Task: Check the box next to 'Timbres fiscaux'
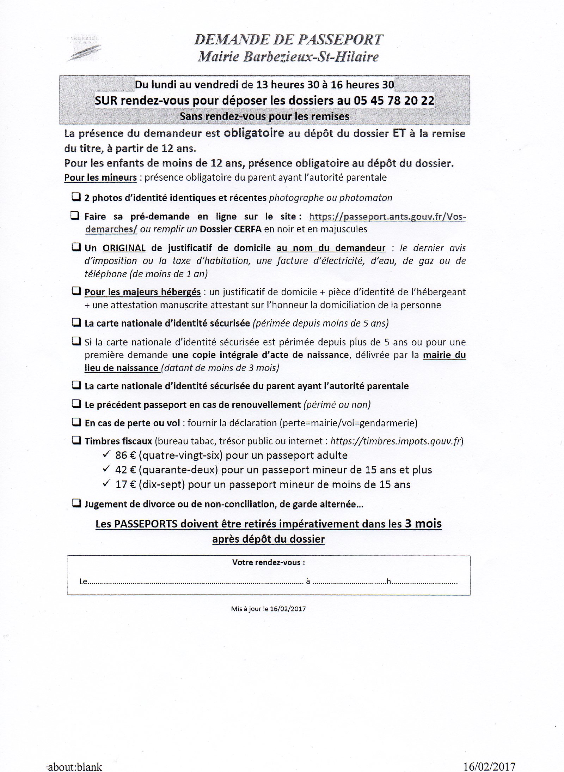[76, 440]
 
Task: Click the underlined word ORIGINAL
[124, 248]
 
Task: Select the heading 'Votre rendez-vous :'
[268, 562]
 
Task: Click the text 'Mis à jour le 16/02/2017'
[268, 609]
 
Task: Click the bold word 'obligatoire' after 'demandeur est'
[254, 133]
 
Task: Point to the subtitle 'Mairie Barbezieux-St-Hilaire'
[288, 57]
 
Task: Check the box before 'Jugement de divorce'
[76, 503]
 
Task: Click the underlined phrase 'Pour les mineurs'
[100, 177]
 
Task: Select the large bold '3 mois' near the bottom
[423, 523]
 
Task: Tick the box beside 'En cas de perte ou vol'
[76, 422]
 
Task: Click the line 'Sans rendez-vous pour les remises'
[264, 116]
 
